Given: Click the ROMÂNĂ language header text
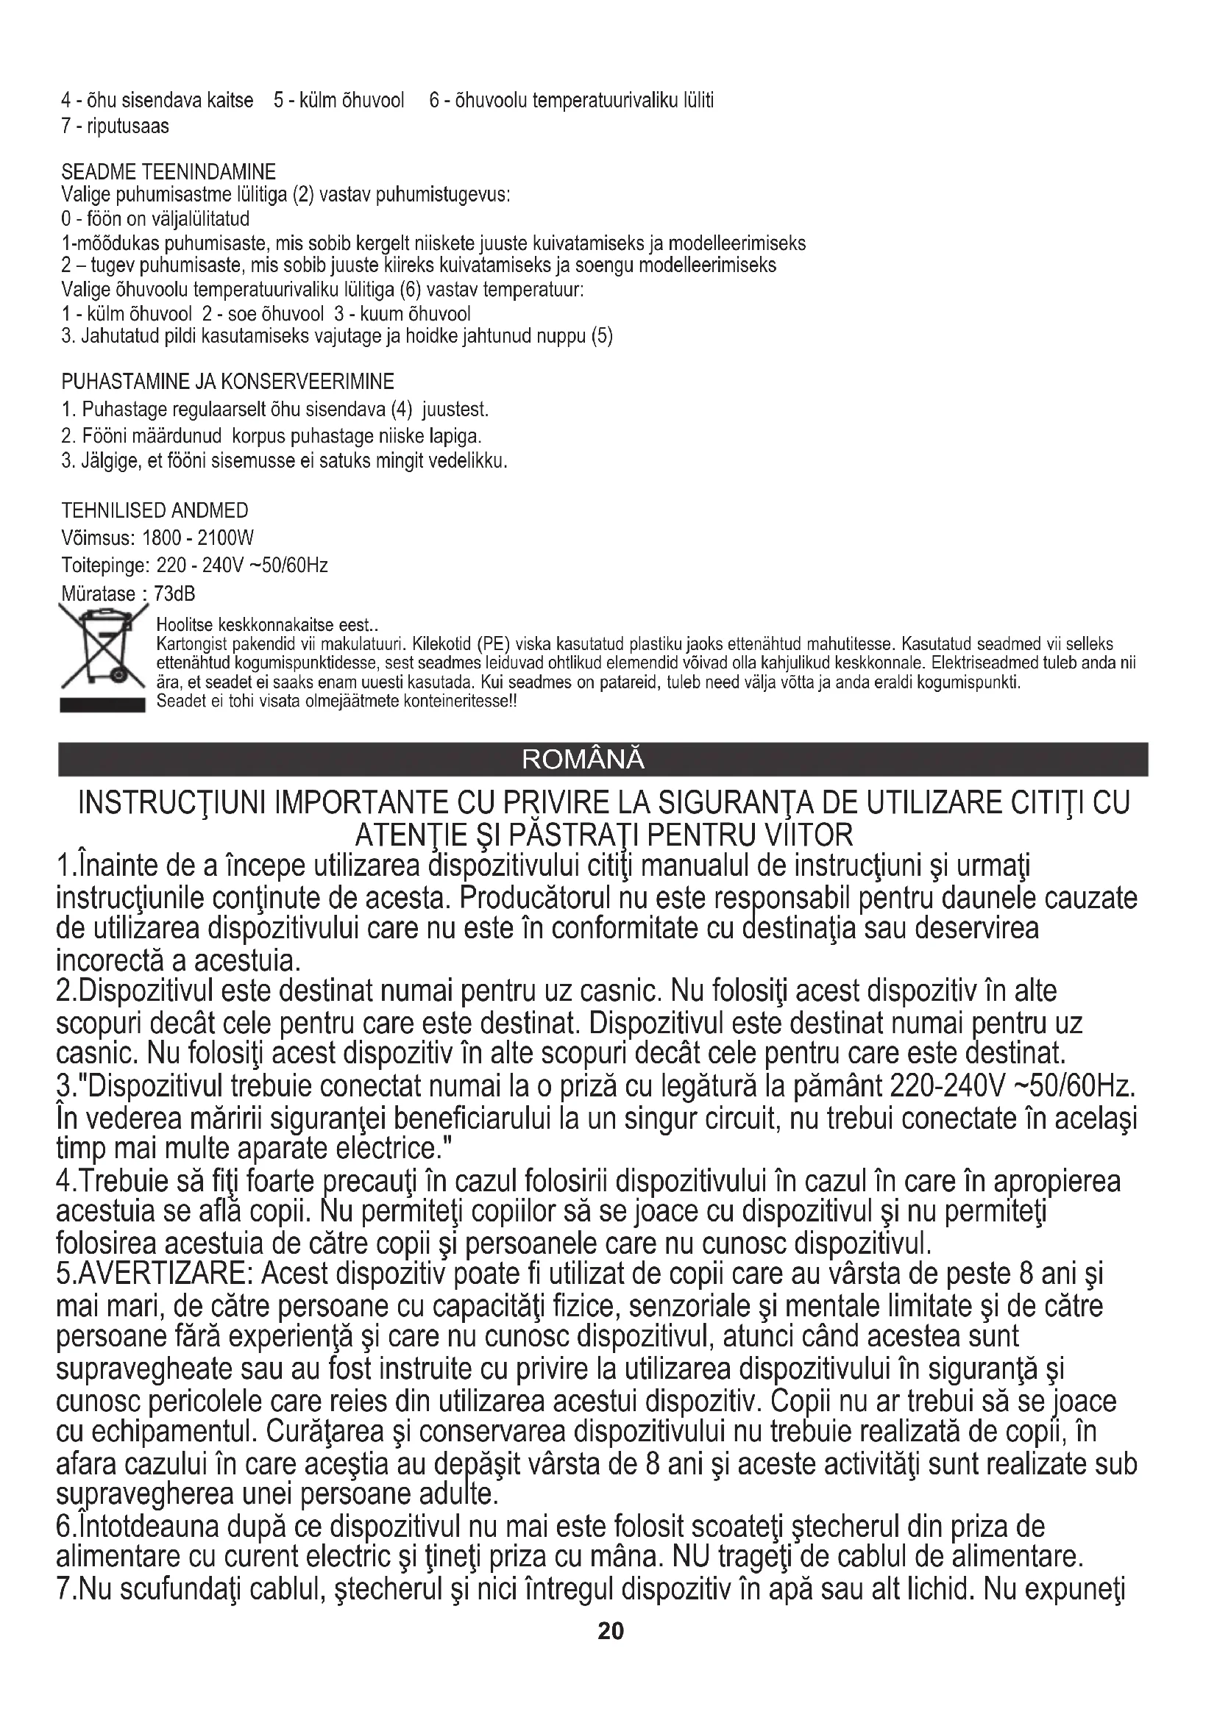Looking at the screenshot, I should click(x=582, y=760).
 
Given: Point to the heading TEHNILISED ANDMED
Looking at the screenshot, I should click(x=155, y=511).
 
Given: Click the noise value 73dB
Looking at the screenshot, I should click(x=174, y=594).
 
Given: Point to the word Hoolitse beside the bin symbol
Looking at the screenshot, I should click(x=179, y=626).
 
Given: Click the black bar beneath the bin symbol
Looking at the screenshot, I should click(x=102, y=705).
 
